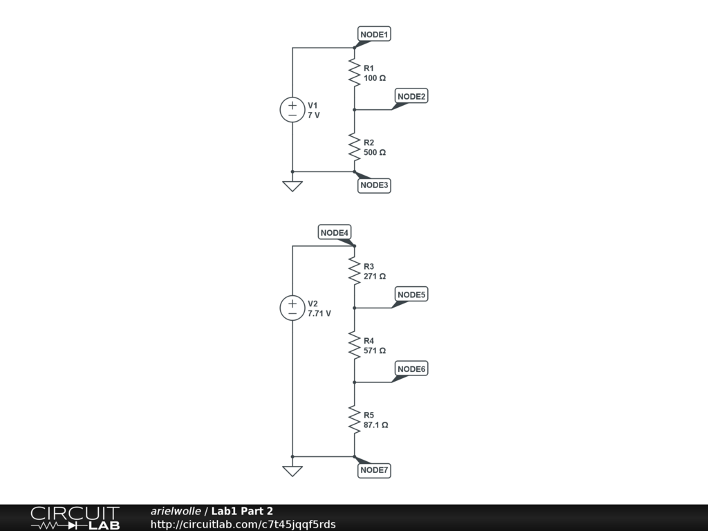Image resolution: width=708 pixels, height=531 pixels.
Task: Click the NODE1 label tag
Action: point(375,34)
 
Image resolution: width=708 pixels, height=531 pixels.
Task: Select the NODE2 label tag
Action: point(411,96)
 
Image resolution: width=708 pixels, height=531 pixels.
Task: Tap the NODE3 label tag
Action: point(375,185)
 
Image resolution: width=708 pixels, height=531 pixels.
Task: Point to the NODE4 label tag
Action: point(335,233)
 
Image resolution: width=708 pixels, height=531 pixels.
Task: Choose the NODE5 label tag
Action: point(411,295)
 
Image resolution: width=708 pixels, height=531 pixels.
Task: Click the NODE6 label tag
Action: point(411,369)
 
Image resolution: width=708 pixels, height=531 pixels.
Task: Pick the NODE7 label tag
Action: point(375,471)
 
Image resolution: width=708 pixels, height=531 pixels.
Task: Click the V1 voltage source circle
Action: point(292,110)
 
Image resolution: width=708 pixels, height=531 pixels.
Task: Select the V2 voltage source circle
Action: point(292,308)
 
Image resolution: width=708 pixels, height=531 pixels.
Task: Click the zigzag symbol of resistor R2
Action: point(354,147)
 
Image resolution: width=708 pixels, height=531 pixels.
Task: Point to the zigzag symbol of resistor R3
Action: point(354,272)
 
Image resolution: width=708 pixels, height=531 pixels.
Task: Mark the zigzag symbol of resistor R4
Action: point(354,346)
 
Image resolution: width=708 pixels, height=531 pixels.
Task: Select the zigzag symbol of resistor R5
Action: point(354,420)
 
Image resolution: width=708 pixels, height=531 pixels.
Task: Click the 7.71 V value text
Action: point(319,313)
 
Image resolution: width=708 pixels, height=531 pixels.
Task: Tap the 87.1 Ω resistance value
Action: point(375,425)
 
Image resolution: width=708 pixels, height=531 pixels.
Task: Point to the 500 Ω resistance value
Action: point(375,152)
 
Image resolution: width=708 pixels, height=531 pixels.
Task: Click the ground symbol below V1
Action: point(292,185)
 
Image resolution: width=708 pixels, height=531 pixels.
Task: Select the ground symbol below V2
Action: point(292,471)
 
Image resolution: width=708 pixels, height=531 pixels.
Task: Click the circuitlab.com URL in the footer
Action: point(243,524)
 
